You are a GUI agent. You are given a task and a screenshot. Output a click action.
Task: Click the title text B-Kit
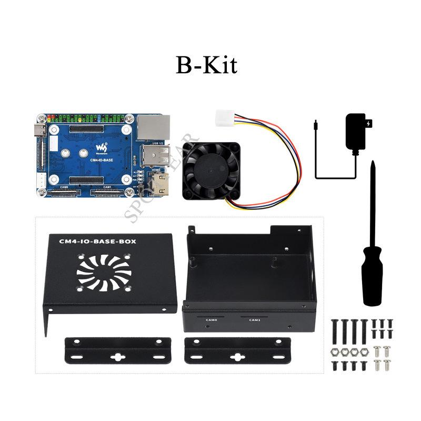click(x=206, y=65)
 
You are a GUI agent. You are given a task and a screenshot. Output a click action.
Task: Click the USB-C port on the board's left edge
click(x=40, y=130)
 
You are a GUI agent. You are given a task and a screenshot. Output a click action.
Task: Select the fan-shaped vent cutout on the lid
click(x=104, y=271)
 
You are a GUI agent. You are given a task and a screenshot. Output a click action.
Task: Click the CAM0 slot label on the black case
click(x=212, y=319)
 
